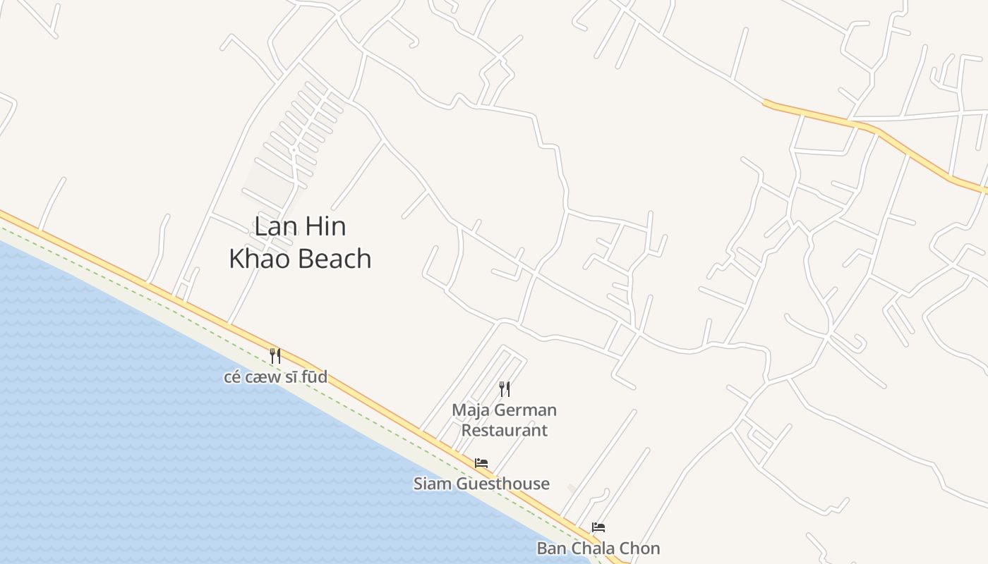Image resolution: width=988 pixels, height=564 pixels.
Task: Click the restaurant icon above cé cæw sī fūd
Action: click(x=275, y=356)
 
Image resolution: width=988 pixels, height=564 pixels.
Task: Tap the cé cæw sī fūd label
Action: click(x=275, y=377)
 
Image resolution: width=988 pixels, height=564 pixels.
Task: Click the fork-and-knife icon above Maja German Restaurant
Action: click(x=505, y=388)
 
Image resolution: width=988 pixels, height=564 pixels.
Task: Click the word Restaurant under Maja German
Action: click(x=504, y=429)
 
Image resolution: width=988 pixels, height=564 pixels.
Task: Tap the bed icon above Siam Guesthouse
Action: click(x=481, y=463)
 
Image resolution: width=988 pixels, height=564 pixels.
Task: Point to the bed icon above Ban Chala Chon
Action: click(x=598, y=527)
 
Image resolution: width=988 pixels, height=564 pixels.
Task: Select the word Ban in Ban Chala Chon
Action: click(x=550, y=548)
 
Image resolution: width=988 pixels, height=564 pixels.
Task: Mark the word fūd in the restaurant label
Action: click(x=314, y=377)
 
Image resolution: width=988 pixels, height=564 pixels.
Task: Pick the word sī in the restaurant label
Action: click(x=291, y=377)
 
